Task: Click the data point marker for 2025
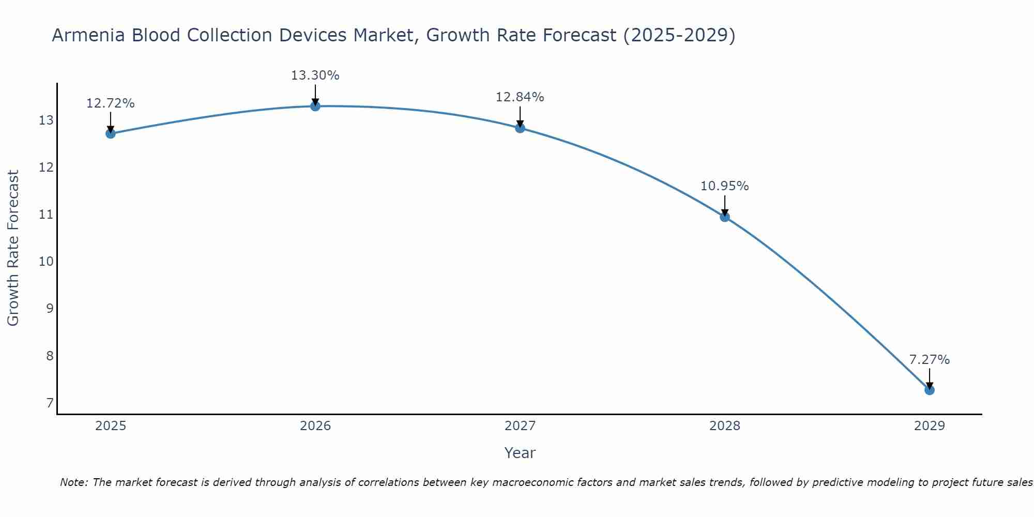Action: point(110,133)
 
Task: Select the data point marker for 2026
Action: point(315,106)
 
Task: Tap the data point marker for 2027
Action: point(520,128)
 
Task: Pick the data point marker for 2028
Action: point(725,217)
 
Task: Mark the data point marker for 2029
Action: point(929,390)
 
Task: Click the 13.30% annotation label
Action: point(315,75)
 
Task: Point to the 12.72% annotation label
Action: point(110,103)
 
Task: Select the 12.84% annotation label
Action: point(520,97)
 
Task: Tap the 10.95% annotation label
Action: point(724,186)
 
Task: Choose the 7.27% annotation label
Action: point(929,360)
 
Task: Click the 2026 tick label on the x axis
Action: point(315,426)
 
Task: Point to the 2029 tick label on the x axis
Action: point(929,426)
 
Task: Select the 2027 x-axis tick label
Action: point(520,426)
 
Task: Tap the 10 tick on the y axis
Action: point(46,261)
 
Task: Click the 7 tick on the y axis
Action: point(50,403)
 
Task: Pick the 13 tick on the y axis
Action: point(46,120)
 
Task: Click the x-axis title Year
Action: point(520,453)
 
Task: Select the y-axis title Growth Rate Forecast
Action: point(13,248)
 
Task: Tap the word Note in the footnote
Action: point(72,482)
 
